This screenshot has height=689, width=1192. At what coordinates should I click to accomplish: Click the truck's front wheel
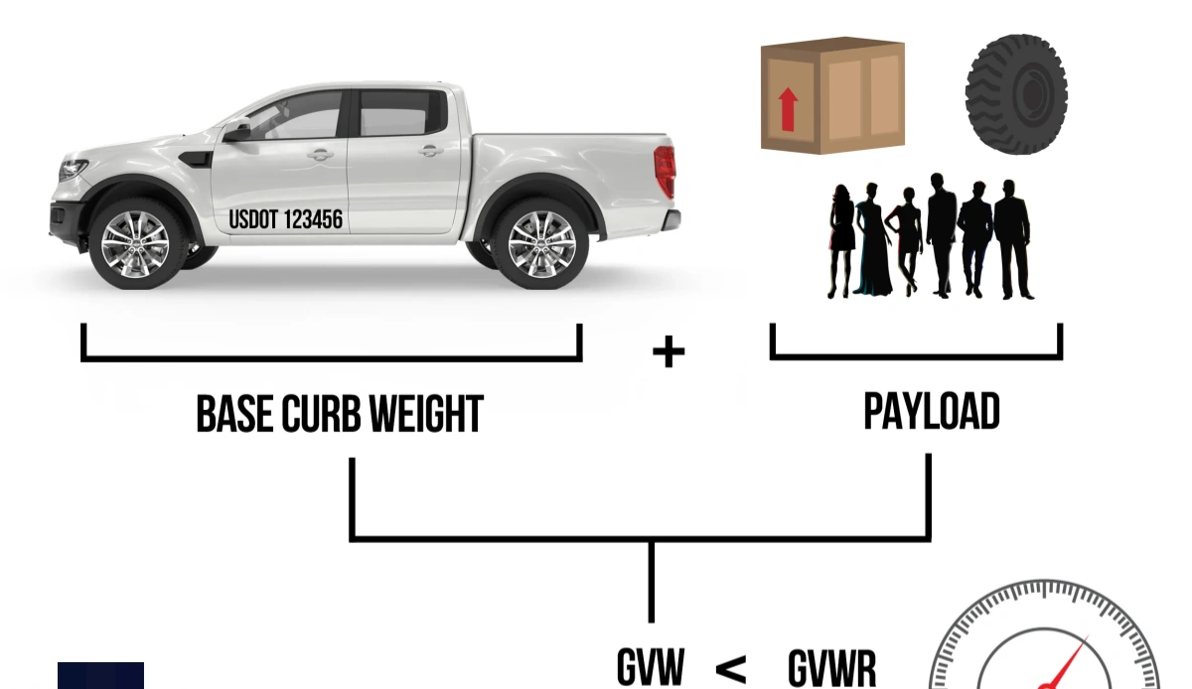click(x=137, y=244)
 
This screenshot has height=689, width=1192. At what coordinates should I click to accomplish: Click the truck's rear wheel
click(x=540, y=244)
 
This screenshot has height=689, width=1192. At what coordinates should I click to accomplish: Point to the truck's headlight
click(x=73, y=170)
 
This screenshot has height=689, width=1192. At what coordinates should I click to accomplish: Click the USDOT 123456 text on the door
click(x=286, y=219)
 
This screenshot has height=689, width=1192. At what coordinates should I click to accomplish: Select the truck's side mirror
click(x=236, y=131)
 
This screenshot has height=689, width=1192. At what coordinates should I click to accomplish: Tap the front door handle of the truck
click(x=320, y=155)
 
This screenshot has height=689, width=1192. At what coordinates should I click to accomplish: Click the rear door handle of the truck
click(x=430, y=152)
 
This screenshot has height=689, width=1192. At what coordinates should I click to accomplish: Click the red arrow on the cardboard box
click(x=788, y=109)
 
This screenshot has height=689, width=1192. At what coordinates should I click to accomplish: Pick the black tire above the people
click(x=1016, y=94)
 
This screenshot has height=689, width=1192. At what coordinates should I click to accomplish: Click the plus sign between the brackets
click(x=669, y=351)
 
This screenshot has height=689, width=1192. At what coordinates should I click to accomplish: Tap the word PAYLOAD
click(x=932, y=411)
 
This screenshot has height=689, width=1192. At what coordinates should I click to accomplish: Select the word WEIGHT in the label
click(x=426, y=414)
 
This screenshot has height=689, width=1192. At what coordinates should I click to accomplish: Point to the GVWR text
click(x=832, y=668)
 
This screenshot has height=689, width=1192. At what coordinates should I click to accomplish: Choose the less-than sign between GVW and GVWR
click(x=731, y=669)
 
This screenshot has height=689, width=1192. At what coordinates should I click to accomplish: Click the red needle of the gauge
click(x=1065, y=662)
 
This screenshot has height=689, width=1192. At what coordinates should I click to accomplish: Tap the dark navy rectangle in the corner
click(x=100, y=676)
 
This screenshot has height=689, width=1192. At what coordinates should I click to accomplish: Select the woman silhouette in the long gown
click(x=872, y=239)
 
